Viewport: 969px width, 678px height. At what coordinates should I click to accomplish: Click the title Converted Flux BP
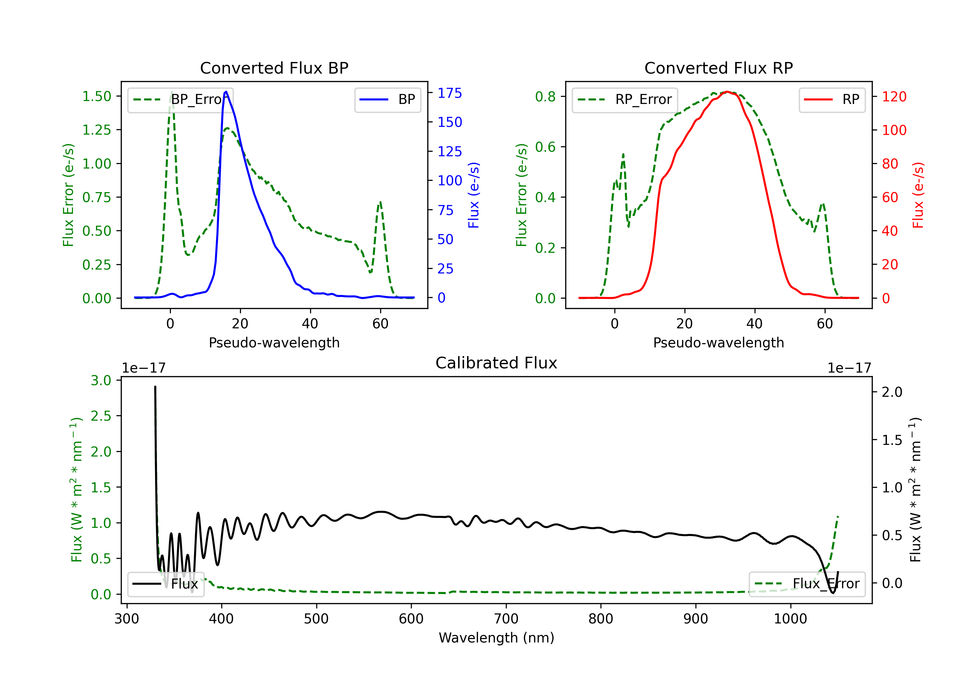click(274, 68)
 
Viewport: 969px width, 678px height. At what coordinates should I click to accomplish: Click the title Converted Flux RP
click(718, 68)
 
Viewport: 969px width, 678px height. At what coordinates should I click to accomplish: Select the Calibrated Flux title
click(496, 363)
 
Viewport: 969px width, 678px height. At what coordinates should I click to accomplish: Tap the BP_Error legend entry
click(180, 99)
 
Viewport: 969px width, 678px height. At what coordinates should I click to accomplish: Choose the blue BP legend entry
click(387, 99)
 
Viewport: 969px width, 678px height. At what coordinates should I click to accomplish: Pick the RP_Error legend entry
click(625, 99)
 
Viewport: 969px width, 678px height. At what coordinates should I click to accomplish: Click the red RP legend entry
click(832, 99)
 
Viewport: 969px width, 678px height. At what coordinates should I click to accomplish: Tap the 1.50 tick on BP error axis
click(97, 96)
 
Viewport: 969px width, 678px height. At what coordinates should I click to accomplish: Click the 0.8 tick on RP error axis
click(545, 97)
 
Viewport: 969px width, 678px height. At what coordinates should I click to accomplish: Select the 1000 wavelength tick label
click(790, 619)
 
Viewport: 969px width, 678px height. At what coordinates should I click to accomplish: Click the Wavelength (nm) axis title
click(496, 638)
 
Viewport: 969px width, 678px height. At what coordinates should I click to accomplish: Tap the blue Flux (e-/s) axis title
click(474, 195)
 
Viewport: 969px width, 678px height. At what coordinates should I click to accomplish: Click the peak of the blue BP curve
click(226, 92)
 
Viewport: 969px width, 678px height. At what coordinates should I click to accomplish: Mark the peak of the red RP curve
click(727, 92)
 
